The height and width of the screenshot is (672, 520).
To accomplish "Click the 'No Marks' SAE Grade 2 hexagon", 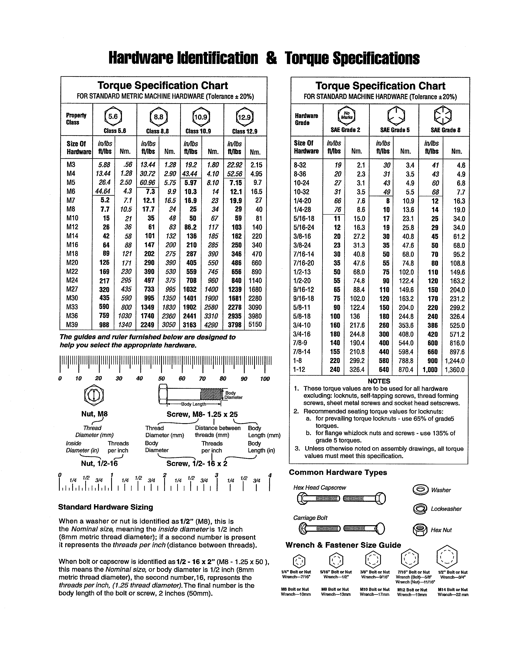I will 346,116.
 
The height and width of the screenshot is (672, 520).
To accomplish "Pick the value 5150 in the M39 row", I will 255,324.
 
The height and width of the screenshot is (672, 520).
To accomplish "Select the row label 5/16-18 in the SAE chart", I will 304,219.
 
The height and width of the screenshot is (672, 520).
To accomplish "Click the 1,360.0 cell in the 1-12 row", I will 454,370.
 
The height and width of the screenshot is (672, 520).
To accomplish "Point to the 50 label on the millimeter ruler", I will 162,379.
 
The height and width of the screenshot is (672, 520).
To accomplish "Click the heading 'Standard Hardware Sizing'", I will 105,507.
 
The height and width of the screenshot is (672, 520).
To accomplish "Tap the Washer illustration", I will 420,490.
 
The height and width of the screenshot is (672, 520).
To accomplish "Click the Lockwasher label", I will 446,509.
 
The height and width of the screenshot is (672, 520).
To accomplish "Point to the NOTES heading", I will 379,381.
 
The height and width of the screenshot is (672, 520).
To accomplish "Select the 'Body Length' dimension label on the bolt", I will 194,404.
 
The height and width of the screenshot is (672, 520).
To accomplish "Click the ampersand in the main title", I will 271,58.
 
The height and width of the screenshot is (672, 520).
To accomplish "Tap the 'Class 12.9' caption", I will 245,131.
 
